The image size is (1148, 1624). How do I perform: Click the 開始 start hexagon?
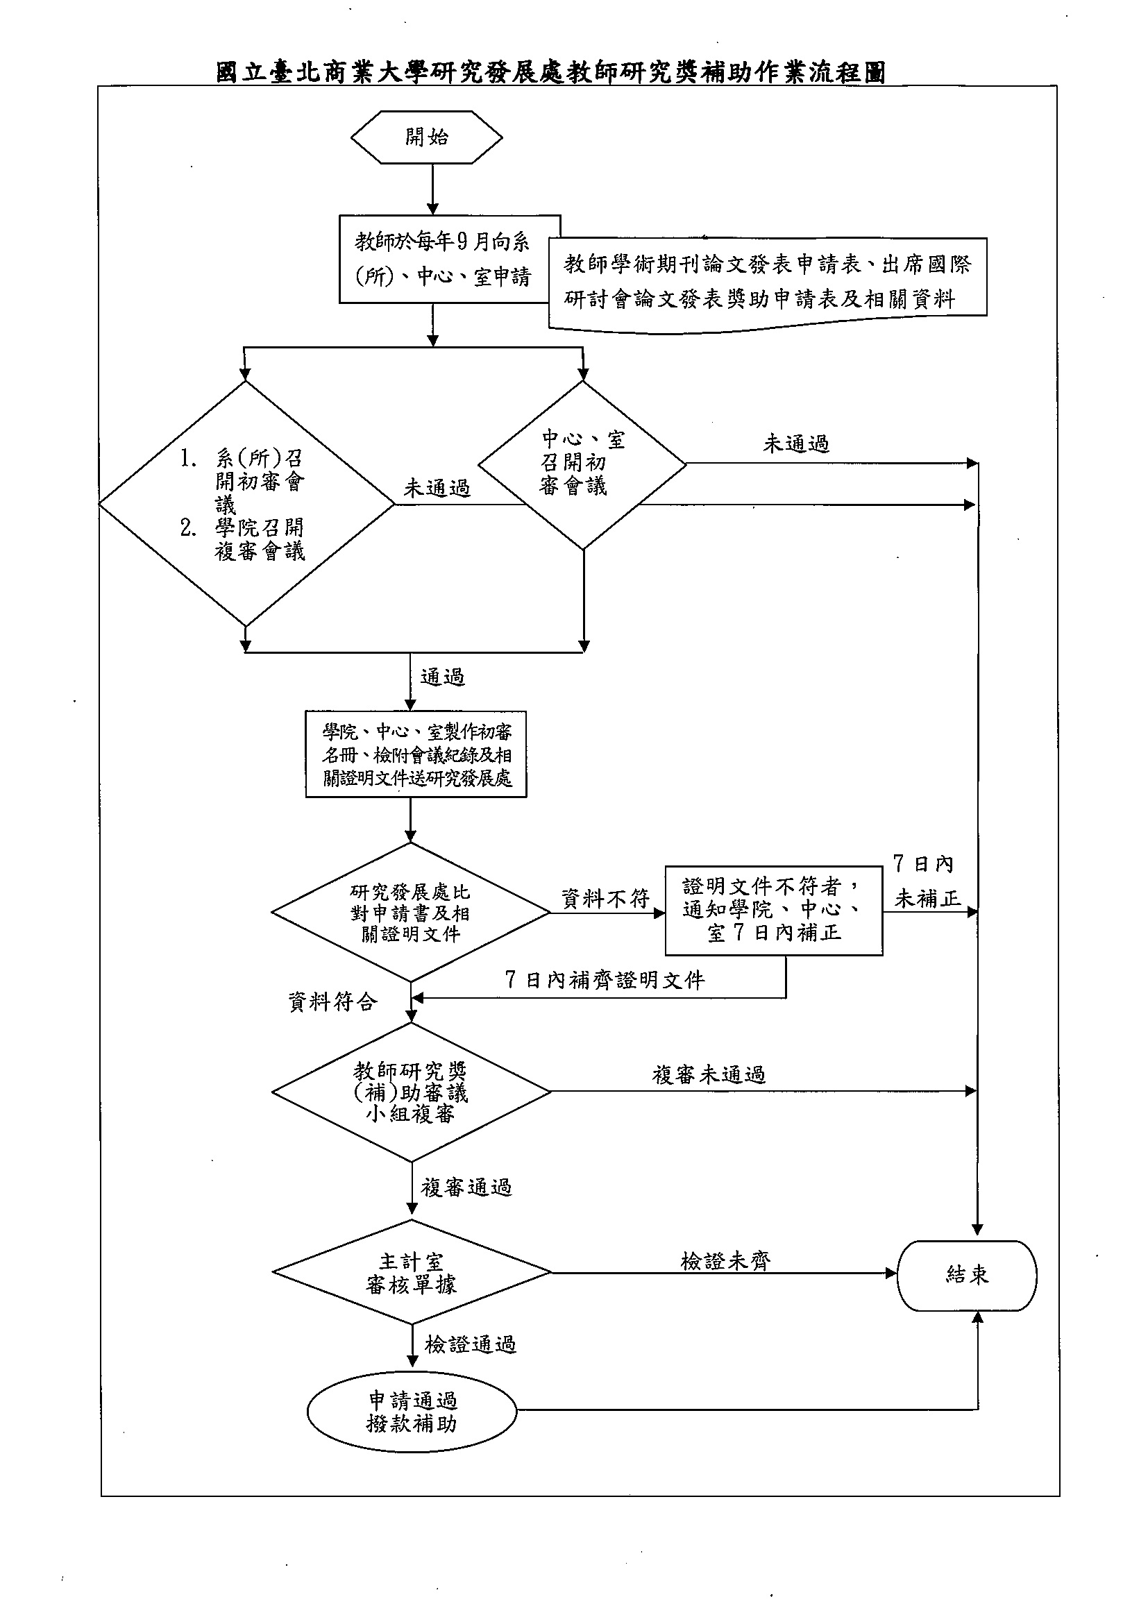(427, 137)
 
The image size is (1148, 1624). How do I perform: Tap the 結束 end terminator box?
(967, 1276)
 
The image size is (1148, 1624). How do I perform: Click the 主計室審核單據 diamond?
(412, 1272)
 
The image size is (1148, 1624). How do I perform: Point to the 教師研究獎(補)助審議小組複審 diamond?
(412, 1092)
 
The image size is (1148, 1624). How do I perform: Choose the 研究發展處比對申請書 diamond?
(411, 913)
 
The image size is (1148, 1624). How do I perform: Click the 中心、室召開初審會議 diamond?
(583, 465)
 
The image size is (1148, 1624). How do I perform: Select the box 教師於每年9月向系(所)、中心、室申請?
(450, 260)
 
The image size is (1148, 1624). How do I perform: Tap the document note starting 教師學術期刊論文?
(768, 284)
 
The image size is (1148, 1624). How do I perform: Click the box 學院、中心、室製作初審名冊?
(416, 754)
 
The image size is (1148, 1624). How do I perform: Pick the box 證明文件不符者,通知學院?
(774, 911)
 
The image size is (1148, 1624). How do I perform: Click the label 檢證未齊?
(726, 1260)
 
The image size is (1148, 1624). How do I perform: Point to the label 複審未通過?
(709, 1074)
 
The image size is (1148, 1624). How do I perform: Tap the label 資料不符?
(605, 898)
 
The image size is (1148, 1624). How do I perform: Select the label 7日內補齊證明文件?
(605, 980)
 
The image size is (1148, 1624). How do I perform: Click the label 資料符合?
(333, 1001)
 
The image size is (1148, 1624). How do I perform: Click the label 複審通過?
(466, 1187)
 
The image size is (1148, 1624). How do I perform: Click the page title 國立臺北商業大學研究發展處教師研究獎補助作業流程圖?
(551, 71)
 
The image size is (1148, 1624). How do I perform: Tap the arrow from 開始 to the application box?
(432, 189)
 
